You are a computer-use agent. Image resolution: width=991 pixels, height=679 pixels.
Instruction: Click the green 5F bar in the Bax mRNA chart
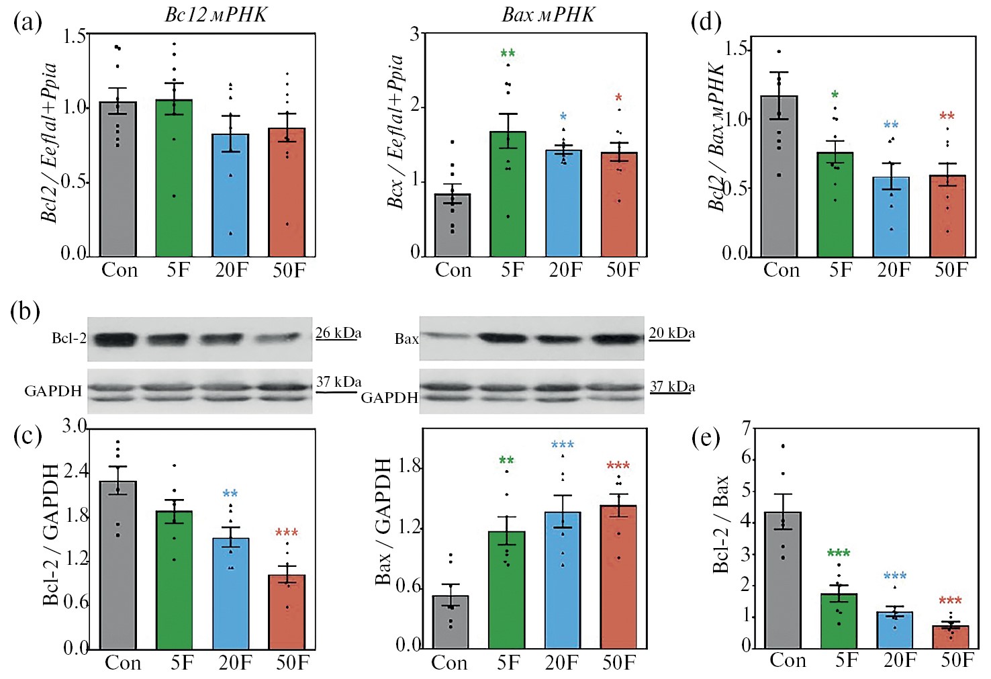pos(508,195)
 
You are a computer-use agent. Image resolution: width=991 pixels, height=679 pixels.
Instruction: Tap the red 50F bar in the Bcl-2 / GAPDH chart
pos(287,612)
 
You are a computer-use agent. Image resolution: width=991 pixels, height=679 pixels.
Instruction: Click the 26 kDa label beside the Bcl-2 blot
pos(338,333)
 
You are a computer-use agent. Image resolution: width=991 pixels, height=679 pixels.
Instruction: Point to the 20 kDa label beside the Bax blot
pos(671,333)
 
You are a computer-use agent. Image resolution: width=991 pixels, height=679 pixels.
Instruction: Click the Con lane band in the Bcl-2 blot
pos(115,338)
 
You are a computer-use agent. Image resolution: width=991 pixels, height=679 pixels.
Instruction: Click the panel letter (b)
pos(26,312)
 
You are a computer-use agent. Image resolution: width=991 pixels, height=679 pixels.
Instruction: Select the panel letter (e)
pos(706,438)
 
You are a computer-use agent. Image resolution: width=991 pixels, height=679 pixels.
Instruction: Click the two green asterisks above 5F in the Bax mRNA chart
pos(508,54)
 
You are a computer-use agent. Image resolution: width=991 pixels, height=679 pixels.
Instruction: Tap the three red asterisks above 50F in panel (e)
pos(950,600)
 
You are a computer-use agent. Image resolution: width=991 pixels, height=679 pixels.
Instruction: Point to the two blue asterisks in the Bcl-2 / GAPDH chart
pos(230,494)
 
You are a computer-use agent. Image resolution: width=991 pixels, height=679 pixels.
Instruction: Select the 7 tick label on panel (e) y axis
pos(746,427)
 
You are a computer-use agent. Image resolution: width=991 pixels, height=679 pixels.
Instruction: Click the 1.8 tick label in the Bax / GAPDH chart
pos(409,466)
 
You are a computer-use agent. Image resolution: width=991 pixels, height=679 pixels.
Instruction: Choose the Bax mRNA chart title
pos(548,15)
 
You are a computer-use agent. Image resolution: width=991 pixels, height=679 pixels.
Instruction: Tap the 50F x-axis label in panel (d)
pos(951,270)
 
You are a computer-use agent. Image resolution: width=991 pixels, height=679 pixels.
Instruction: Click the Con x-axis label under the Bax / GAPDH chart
pos(449,663)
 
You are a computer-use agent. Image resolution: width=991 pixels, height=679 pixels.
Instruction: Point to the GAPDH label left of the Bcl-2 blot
pos(53,391)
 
